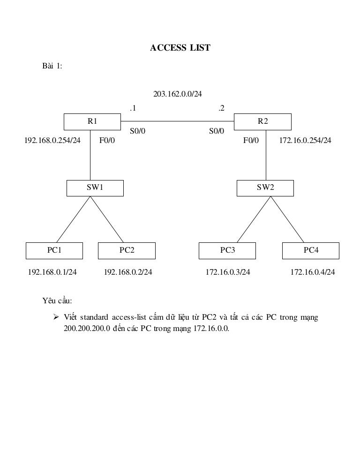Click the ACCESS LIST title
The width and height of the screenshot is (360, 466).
point(180,48)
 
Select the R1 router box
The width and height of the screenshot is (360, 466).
point(92,121)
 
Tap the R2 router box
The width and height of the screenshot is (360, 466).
point(263,121)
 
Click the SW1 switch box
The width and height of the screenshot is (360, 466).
point(95,188)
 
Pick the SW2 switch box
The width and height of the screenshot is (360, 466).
point(265,188)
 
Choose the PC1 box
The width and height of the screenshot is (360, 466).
point(54,250)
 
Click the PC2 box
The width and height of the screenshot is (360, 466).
point(127,250)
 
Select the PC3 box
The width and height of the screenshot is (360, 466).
point(227,250)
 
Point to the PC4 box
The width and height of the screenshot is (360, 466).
point(311,250)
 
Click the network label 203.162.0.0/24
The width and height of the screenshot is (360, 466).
point(178,94)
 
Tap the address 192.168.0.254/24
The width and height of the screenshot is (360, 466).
point(52,140)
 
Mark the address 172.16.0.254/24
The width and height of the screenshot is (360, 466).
point(305,140)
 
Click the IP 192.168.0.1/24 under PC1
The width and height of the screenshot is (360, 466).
point(52,272)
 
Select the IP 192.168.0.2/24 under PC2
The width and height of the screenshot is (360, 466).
point(128,272)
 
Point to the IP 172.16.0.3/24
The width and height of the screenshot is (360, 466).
point(228,272)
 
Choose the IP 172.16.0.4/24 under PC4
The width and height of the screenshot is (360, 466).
point(313,272)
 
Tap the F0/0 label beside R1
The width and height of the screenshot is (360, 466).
point(107,140)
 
